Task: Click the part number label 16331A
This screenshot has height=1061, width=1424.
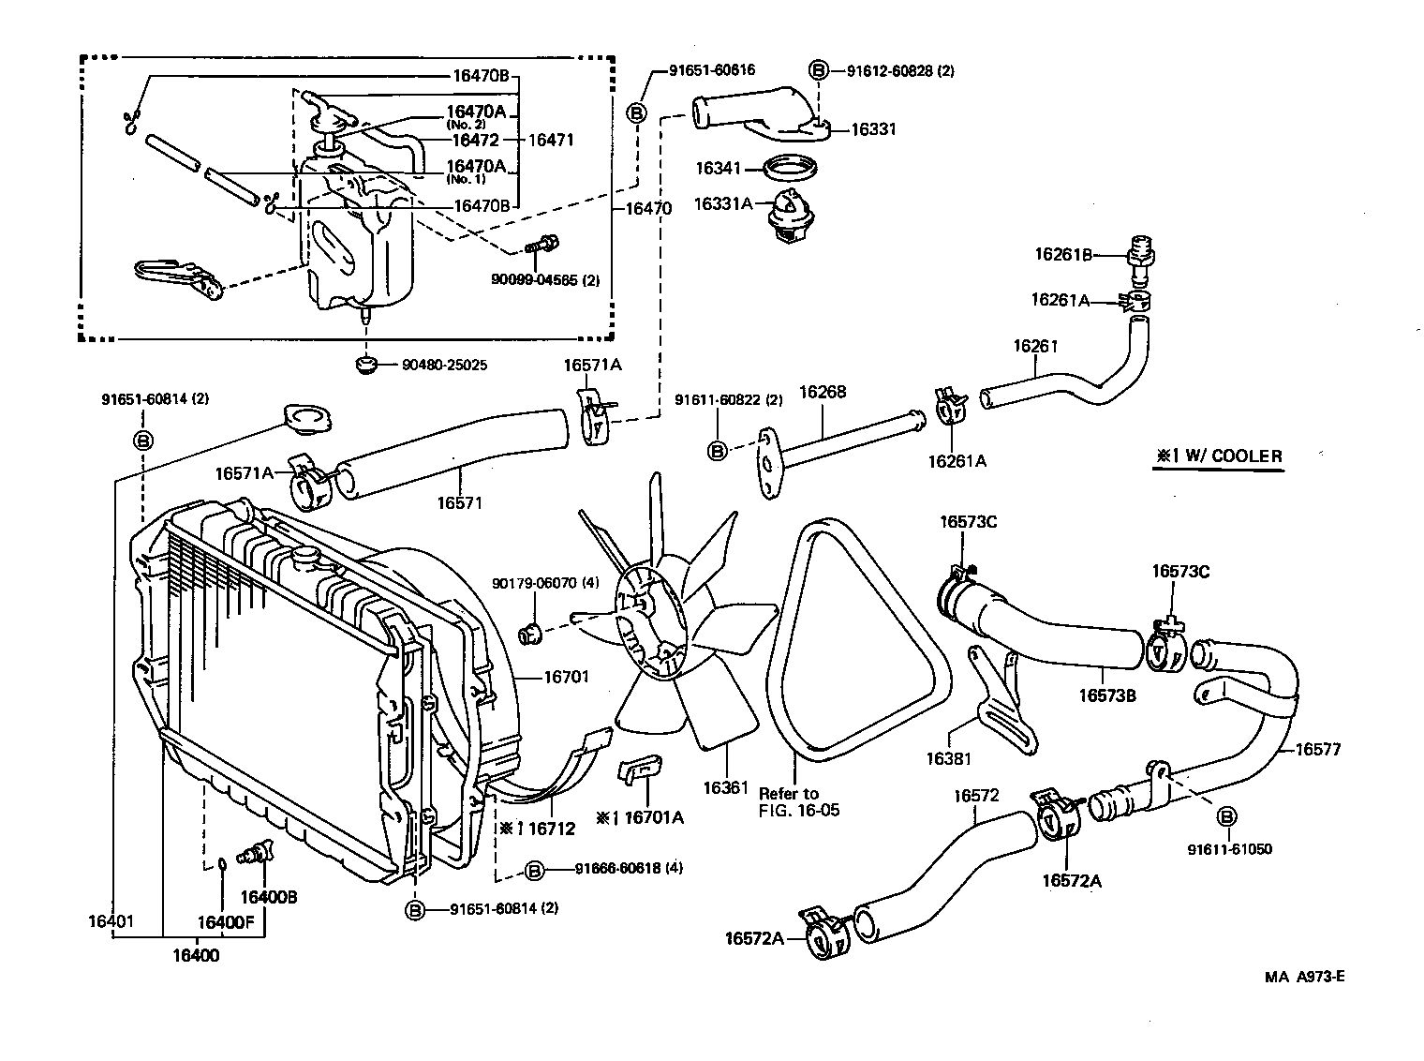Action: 722,203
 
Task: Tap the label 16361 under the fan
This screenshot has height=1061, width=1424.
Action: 725,788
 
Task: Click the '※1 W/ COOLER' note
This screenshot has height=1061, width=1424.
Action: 1217,456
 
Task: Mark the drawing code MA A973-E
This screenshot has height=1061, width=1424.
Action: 1304,976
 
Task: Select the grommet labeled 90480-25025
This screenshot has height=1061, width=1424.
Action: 366,363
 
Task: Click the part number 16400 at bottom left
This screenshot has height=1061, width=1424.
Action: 196,956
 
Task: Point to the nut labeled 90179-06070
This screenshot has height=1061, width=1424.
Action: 531,635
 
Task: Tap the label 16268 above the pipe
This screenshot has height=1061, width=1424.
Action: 822,392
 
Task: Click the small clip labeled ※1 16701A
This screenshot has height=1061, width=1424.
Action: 639,770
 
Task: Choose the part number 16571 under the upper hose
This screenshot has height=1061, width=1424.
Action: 459,502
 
